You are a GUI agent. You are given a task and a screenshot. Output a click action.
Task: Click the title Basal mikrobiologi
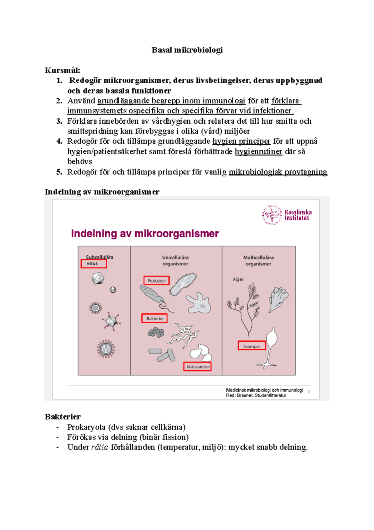click(187, 50)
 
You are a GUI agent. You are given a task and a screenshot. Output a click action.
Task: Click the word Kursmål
click(62, 70)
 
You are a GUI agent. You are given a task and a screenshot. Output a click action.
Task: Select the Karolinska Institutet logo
click(287, 215)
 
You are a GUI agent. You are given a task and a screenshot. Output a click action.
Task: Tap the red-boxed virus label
click(93, 263)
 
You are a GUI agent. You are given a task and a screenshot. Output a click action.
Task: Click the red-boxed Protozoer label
click(156, 281)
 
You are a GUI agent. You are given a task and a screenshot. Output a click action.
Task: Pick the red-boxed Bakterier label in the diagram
click(155, 318)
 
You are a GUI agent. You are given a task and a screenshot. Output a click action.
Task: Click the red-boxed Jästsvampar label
click(198, 367)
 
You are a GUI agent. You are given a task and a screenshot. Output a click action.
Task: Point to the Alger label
click(238, 279)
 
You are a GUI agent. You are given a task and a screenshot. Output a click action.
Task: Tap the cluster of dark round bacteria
click(156, 333)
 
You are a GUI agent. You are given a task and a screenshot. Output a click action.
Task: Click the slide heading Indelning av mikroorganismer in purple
click(145, 233)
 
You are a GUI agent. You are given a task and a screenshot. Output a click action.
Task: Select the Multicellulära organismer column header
click(258, 261)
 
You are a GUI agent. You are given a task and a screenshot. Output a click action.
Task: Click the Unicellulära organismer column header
click(175, 261)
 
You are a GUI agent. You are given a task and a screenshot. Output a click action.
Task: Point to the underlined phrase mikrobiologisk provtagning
click(278, 172)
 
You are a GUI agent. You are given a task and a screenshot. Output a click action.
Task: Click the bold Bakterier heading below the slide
click(63, 417)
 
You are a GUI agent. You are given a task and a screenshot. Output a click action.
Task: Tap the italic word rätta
click(99, 447)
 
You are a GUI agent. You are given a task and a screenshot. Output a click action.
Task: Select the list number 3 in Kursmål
click(59, 121)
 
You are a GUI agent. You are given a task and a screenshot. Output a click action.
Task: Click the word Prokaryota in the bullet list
click(86, 427)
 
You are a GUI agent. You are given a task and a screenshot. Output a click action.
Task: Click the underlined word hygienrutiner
click(258, 152)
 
